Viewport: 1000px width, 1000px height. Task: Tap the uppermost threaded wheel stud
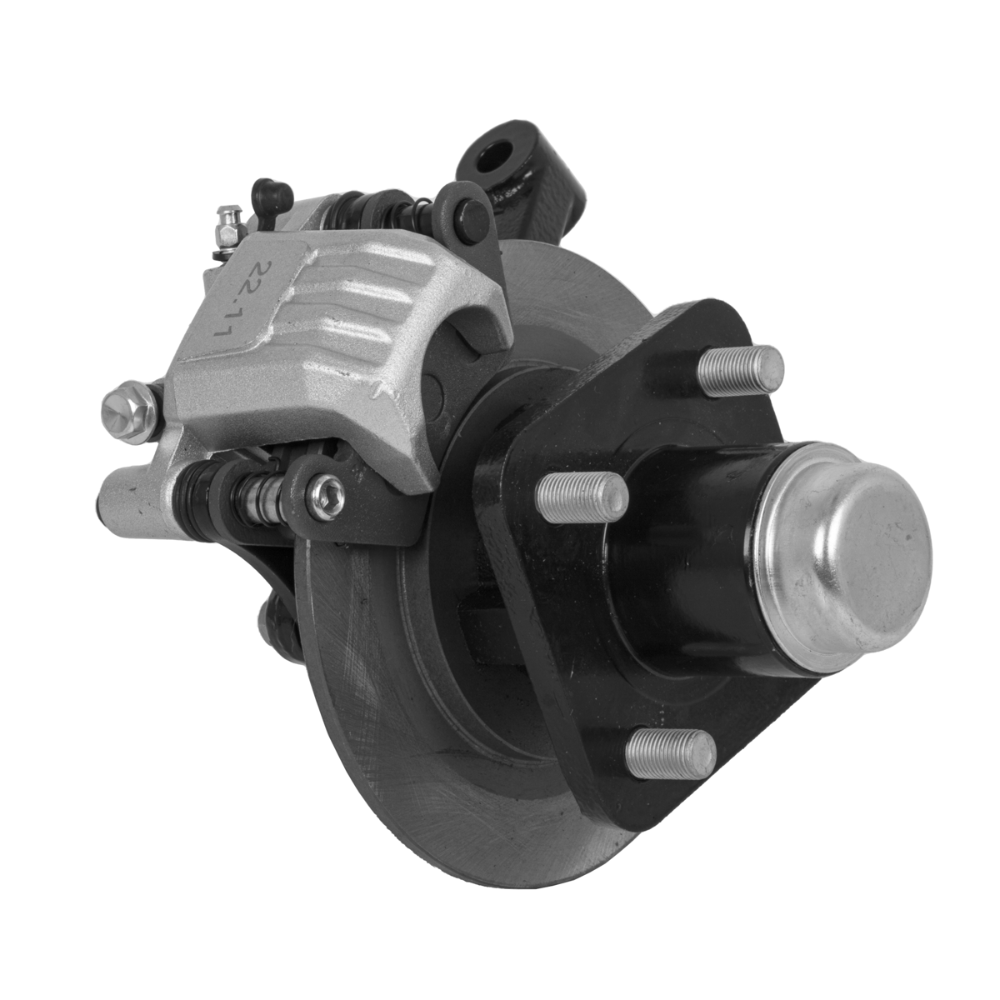tap(740, 368)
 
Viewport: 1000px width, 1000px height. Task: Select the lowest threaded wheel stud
tap(671, 753)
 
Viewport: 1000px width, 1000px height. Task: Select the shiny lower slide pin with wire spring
tap(258, 505)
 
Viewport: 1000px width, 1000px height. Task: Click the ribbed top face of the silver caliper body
tap(350, 317)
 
